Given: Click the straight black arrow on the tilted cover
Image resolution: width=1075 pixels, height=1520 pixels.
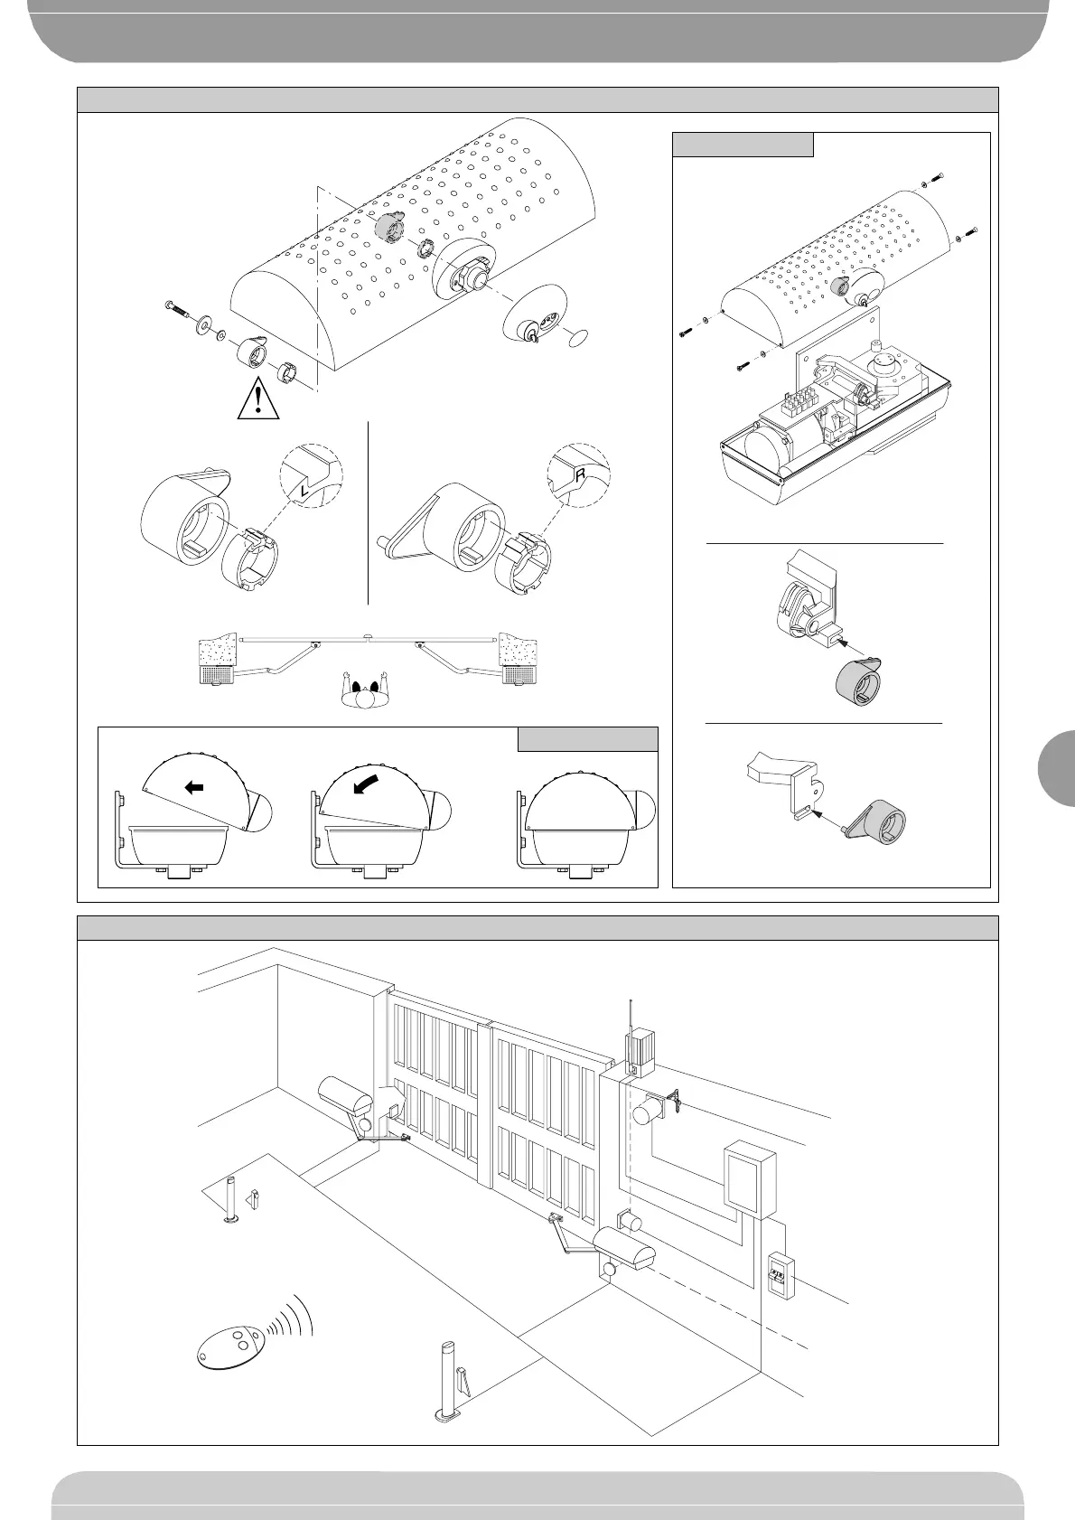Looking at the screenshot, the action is pos(193,787).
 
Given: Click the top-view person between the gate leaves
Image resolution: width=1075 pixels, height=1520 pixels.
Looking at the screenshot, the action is pos(366,693).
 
